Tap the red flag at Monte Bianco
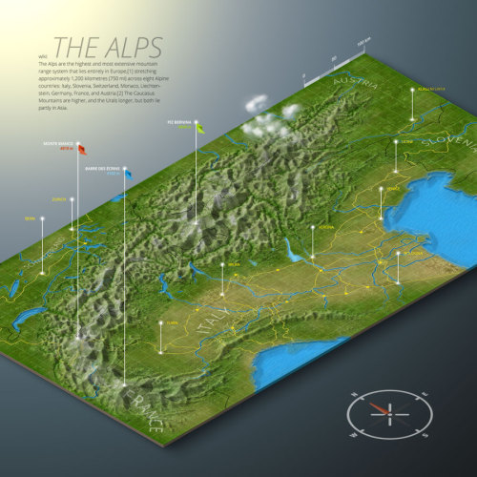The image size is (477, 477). tap(81, 148)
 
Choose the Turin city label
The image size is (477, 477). tap(172, 322)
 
